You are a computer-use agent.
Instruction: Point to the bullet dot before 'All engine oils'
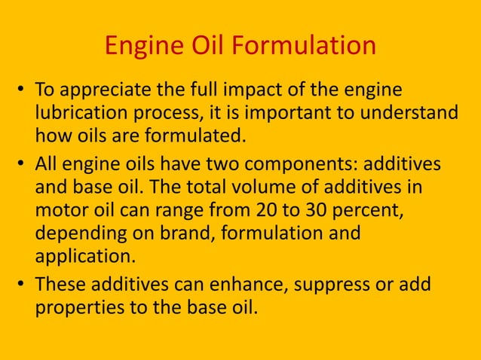22,165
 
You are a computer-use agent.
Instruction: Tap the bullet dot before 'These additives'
22,285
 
